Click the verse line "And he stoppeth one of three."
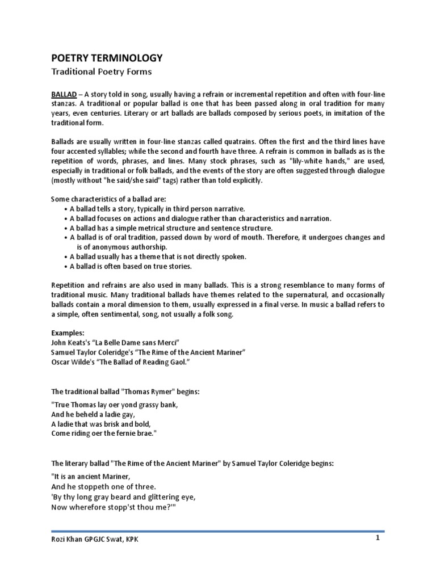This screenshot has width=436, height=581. [103, 487]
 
